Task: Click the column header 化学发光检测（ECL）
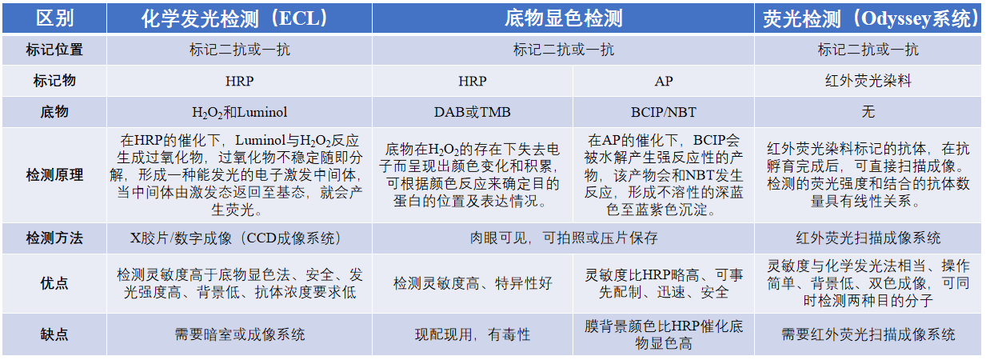[234, 19]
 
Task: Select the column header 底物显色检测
[563, 19]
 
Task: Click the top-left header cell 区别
[54, 19]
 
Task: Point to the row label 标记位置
[54, 50]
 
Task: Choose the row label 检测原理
[54, 175]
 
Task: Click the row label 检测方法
[54, 238]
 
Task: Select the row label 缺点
[54, 334]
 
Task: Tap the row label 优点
[54, 283]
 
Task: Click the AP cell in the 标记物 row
[664, 81]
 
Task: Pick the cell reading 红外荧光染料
[868, 81]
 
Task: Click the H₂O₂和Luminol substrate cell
[239, 112]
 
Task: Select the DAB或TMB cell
[473, 112]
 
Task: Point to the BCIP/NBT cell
[664, 112]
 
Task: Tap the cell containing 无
[868, 112]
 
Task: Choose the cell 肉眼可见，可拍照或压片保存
[564, 238]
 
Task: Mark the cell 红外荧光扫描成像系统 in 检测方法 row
[868, 238]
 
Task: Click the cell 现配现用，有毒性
[473, 334]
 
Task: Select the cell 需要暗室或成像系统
[239, 334]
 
